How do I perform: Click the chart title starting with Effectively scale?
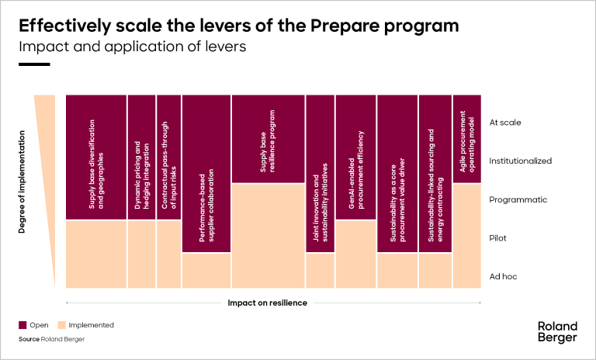tap(238, 26)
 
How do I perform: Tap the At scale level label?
tap(505, 122)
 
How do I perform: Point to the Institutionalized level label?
tap(520, 161)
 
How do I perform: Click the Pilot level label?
tap(497, 237)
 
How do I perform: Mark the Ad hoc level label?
tap(502, 276)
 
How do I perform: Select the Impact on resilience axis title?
tap(267, 302)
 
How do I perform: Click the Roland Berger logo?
tap(557, 331)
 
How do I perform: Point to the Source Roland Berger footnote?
tap(51, 340)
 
